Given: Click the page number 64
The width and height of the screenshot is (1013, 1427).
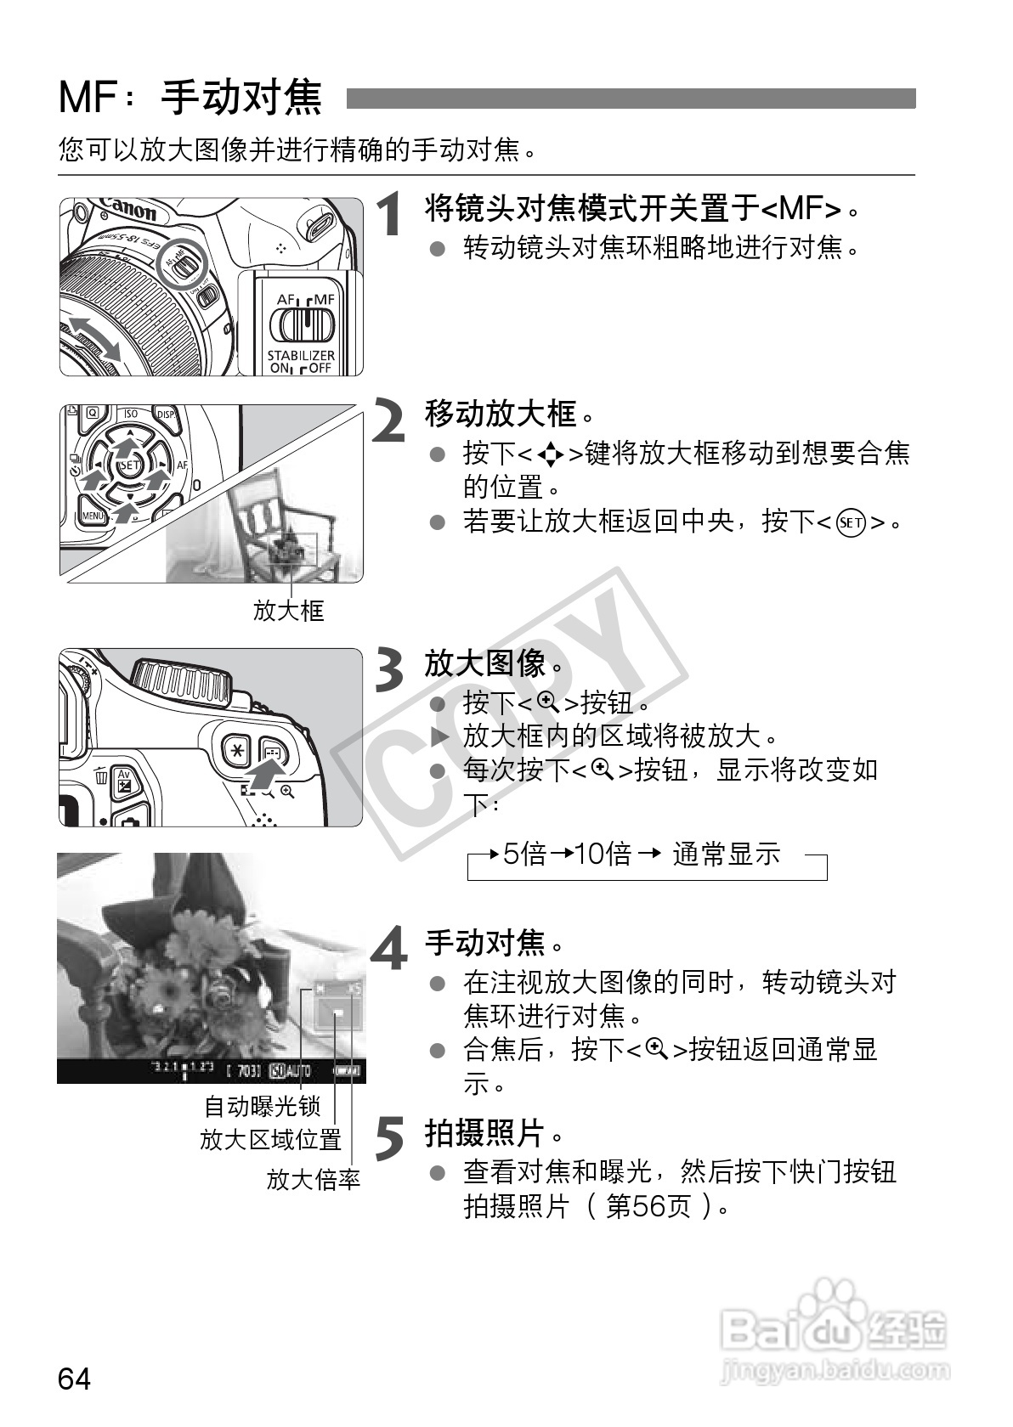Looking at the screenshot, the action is pyautogui.click(x=74, y=1379).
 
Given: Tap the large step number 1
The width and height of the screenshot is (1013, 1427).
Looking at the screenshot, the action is pyautogui.click(x=390, y=213).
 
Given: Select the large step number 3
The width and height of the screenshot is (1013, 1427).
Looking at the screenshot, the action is pyautogui.click(x=389, y=670).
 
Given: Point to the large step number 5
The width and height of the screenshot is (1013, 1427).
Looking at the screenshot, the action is pyautogui.click(x=389, y=1138).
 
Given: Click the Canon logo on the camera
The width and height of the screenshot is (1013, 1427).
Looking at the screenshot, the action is pyautogui.click(x=127, y=207).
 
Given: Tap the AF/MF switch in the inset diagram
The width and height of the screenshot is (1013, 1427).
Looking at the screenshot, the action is pyautogui.click(x=302, y=324).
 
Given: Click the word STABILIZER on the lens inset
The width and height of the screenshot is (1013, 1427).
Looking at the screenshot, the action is pyautogui.click(x=301, y=355).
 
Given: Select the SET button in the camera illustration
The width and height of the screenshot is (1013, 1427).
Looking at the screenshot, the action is pyautogui.click(x=129, y=465).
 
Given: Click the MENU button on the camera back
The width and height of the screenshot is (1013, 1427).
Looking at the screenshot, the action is pyautogui.click(x=93, y=515).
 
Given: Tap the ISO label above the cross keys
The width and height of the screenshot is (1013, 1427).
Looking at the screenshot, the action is pyautogui.click(x=130, y=415).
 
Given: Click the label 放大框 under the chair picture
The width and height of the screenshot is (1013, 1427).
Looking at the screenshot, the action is pyautogui.click(x=289, y=610).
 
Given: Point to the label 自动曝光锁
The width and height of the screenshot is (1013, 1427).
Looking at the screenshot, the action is pyautogui.click(x=262, y=1107).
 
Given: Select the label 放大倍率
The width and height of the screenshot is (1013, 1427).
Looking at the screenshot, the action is pyautogui.click(x=314, y=1179).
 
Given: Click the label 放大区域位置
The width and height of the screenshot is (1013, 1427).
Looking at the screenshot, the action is pyautogui.click(x=270, y=1140).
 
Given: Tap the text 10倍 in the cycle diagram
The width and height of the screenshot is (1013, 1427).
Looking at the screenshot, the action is pyautogui.click(x=603, y=854).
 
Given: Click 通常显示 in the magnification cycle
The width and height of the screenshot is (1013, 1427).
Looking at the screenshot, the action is pyautogui.click(x=726, y=854).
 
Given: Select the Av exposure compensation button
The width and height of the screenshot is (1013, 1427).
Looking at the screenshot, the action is pyautogui.click(x=124, y=781).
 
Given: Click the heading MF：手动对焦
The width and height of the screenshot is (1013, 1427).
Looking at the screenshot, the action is pyautogui.click(x=190, y=98).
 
